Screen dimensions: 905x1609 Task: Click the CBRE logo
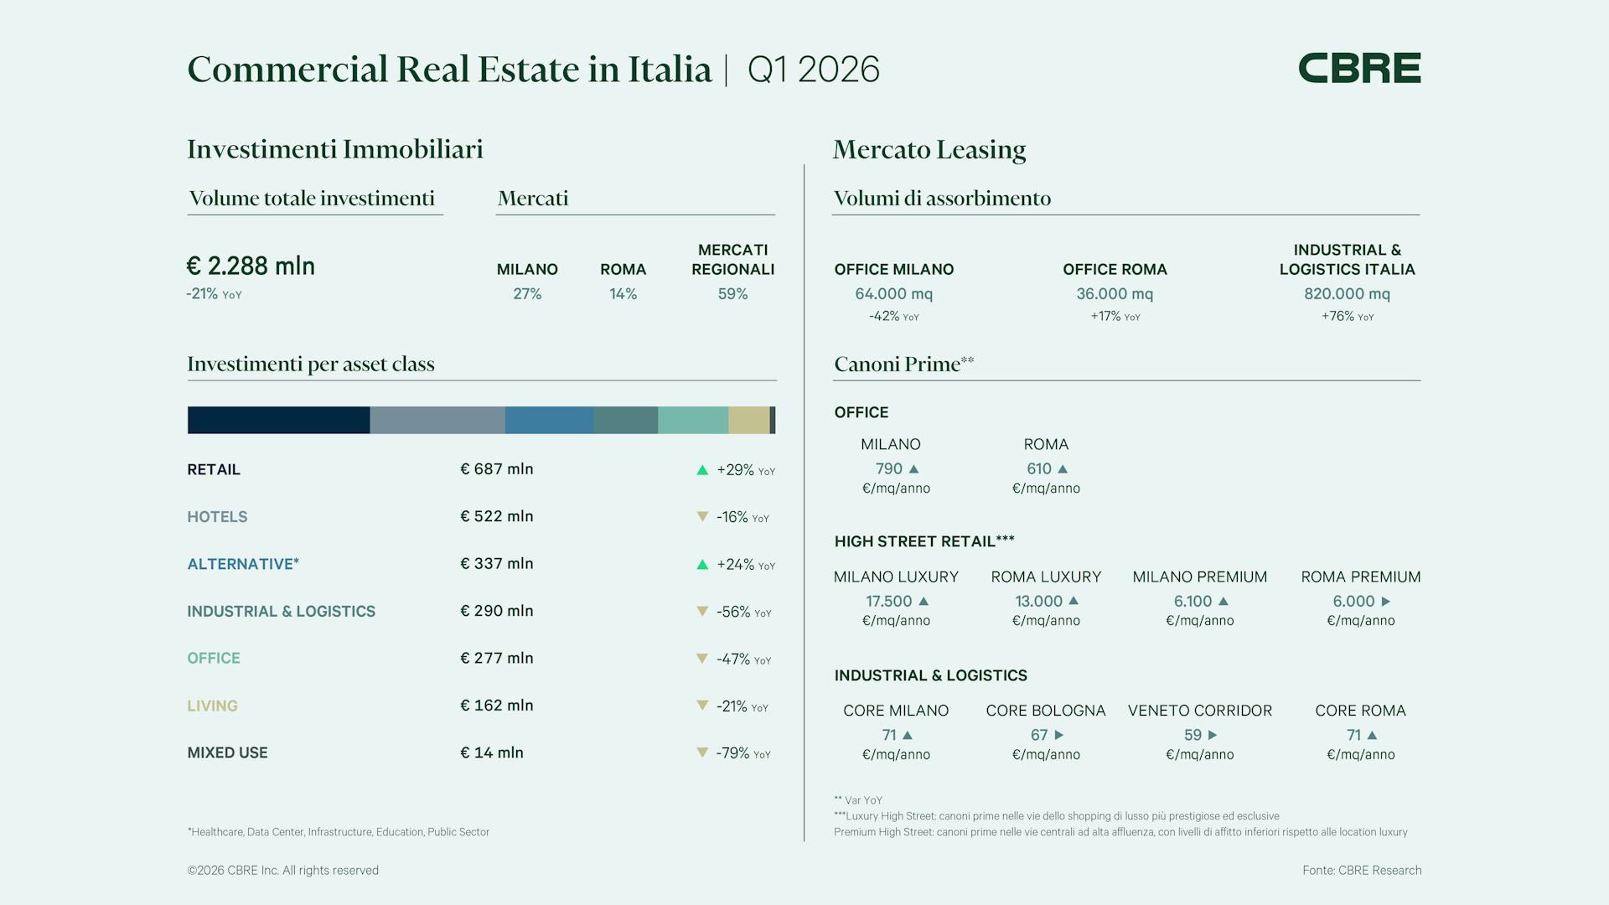[1359, 68]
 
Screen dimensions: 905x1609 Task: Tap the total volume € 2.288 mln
[251, 266]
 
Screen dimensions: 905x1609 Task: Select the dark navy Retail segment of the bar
[278, 420]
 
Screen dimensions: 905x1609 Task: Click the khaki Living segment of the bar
[748, 420]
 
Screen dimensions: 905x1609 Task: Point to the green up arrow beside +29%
[702, 470]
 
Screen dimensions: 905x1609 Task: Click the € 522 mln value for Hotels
[497, 516]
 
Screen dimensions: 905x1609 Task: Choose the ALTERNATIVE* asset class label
[243, 564]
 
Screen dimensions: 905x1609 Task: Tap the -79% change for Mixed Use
[732, 753]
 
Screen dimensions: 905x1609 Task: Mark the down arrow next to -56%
[702, 612]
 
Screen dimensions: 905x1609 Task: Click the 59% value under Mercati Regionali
[732, 294]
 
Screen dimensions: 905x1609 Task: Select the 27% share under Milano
[527, 294]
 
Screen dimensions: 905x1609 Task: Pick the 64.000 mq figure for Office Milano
[893, 294]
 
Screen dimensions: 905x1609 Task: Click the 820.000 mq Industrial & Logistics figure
[1347, 294]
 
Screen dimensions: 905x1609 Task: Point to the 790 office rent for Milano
[888, 469]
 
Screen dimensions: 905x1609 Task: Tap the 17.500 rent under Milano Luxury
[888, 602]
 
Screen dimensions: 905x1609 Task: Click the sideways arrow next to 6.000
[1385, 602]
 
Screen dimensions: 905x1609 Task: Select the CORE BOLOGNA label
[1046, 711]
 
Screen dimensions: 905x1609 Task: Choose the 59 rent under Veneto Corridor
[1193, 735]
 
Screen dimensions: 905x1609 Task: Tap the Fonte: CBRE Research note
[1362, 871]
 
